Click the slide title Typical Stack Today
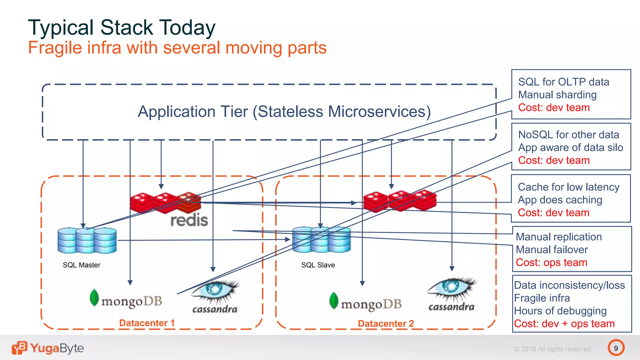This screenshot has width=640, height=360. pyautogui.click(x=122, y=27)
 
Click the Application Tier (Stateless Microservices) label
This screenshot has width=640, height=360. pyautogui.click(x=284, y=112)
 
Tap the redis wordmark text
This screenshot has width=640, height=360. pyautogui.click(x=189, y=220)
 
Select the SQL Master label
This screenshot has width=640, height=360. pyautogui.click(x=81, y=265)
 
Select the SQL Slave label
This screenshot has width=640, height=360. pyautogui.click(x=318, y=265)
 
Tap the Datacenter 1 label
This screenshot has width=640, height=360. pyautogui.click(x=147, y=323)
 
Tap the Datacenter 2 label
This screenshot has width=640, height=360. pyautogui.click(x=386, y=323)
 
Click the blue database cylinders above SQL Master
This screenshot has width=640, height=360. pyautogui.click(x=87, y=240)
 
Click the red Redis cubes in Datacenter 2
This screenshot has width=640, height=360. pyautogui.click(x=400, y=201)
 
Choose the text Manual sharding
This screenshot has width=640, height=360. pyautogui.click(x=557, y=95)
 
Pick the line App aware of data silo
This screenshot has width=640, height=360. pyautogui.click(x=570, y=147)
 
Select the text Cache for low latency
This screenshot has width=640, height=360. pyautogui.click(x=568, y=187)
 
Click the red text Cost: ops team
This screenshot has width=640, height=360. pyautogui.click(x=551, y=262)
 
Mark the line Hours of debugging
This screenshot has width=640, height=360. pyautogui.click(x=560, y=311)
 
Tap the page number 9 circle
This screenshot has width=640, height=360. pyautogui.click(x=616, y=348)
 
